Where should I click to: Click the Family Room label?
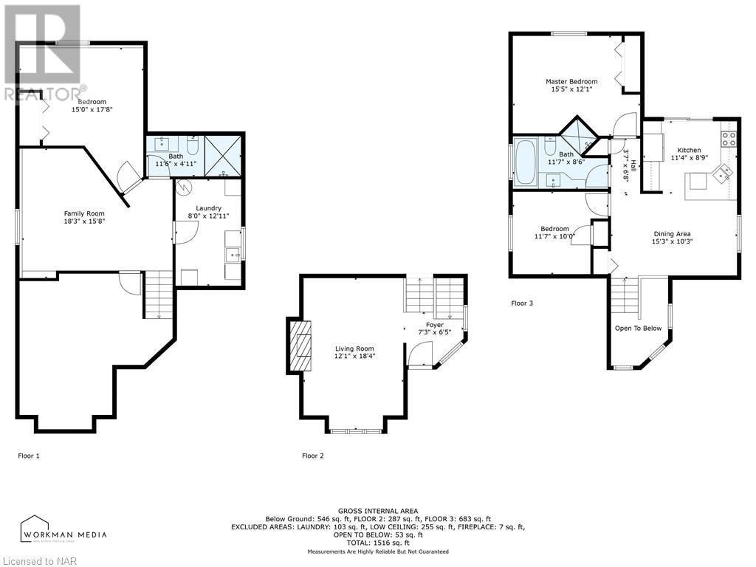tap(84, 213)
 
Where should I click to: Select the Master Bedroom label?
tap(571, 81)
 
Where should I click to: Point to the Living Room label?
tap(354, 348)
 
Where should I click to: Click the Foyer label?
tap(434, 325)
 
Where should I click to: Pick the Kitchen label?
tap(689, 150)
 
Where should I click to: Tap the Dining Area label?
tap(672, 234)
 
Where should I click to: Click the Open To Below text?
tap(639, 329)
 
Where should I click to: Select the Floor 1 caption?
tap(29, 456)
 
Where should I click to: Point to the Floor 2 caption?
tap(313, 456)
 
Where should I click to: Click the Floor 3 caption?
tap(522, 303)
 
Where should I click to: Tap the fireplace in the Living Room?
tap(300, 346)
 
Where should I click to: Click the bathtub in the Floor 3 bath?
tap(525, 162)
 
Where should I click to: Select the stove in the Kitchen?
tap(729, 139)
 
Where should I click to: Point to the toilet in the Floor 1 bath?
tap(191, 145)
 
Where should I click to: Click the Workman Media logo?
tap(63, 529)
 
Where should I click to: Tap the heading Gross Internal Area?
tap(378, 511)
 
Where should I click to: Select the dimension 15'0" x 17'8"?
tap(92, 109)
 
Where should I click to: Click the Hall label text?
tap(633, 165)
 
